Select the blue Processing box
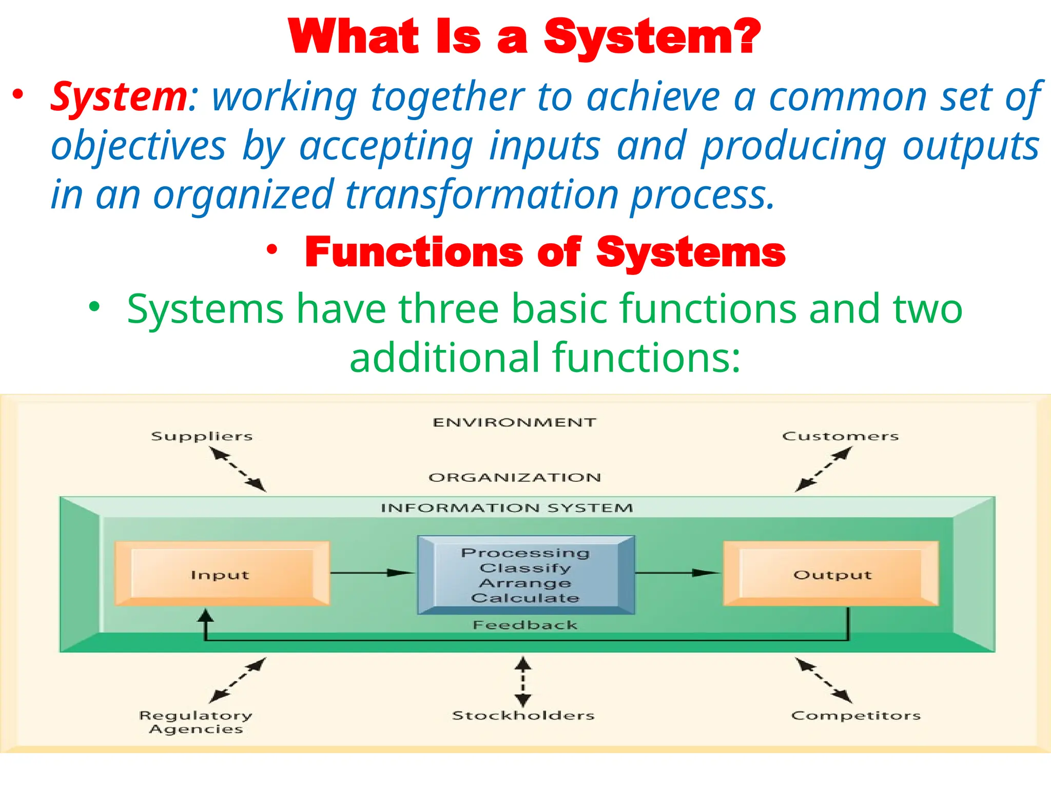click(x=525, y=575)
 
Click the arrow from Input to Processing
click(x=372, y=573)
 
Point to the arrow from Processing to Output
click(x=677, y=573)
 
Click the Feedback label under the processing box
click(x=525, y=625)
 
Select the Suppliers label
click(x=202, y=437)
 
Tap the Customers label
click(x=840, y=437)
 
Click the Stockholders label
click(x=523, y=715)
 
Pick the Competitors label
click(x=855, y=716)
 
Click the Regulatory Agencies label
click(x=196, y=722)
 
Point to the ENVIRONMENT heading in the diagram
click(x=514, y=422)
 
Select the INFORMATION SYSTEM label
click(x=507, y=508)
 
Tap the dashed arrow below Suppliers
click(x=238, y=469)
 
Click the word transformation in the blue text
click(x=481, y=195)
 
